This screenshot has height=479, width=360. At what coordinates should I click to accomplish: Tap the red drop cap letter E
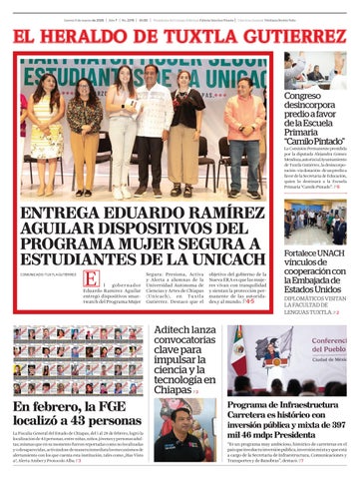coord(91,280)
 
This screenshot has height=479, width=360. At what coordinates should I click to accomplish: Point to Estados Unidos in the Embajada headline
coord(314,289)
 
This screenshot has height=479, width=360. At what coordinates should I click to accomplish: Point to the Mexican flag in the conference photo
coord(238,351)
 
